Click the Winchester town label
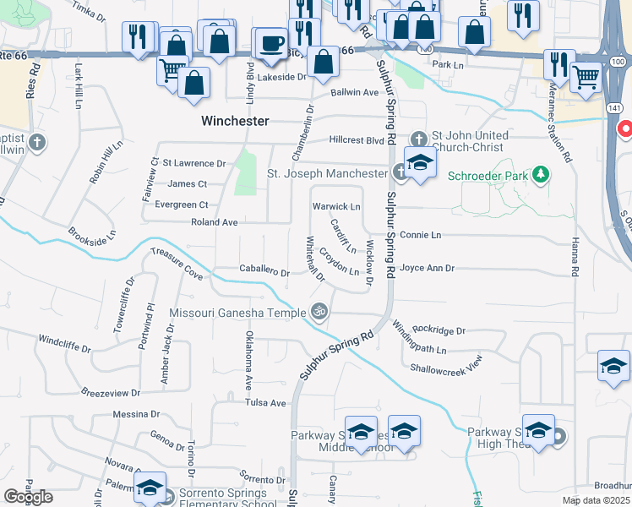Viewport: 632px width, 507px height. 235,121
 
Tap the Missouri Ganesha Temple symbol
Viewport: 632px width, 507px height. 319,312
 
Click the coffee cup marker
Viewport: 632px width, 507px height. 271,44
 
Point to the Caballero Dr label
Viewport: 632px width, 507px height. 264,273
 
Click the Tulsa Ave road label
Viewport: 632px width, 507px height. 265,403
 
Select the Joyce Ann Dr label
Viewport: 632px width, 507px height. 428,269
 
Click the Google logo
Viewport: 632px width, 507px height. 27,496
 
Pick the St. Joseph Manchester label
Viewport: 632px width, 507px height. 326,173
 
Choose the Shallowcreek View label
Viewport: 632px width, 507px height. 445,364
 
